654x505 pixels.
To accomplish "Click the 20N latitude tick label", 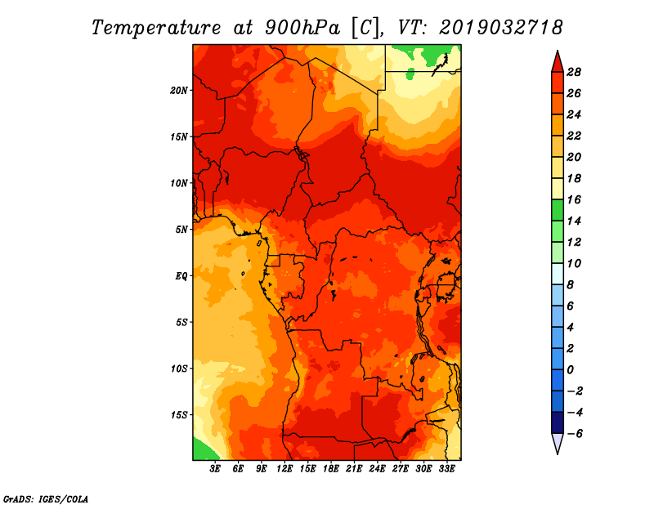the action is (x=179, y=91).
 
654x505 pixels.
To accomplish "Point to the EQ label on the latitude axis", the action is (x=181, y=276).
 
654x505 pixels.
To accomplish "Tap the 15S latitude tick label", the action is (x=179, y=415).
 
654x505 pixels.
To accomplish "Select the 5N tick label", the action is (x=181, y=230).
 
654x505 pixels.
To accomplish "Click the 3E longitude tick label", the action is (x=215, y=469).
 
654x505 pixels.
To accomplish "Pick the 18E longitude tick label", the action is (x=331, y=469).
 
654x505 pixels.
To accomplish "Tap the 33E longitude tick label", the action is (x=446, y=469).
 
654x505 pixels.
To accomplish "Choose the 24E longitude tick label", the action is (x=377, y=469).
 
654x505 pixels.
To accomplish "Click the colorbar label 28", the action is (x=574, y=72).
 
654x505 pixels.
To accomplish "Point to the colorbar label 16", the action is (x=574, y=199).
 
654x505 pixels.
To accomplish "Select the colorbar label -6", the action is (x=575, y=434).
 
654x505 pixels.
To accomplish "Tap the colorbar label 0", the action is (x=570, y=370).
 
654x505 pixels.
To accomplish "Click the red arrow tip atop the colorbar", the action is (x=558, y=51).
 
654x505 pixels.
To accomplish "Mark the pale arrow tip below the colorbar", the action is (x=558, y=454).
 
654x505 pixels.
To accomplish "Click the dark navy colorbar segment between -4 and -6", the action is (x=558, y=422).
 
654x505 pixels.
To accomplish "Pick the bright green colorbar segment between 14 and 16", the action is (x=558, y=210).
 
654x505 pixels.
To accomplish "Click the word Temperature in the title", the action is (x=156, y=28).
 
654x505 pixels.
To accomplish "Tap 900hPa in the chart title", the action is (x=302, y=28).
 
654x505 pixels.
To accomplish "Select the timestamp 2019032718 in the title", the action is (x=500, y=28).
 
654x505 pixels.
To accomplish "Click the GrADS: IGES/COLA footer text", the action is (x=46, y=498).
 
